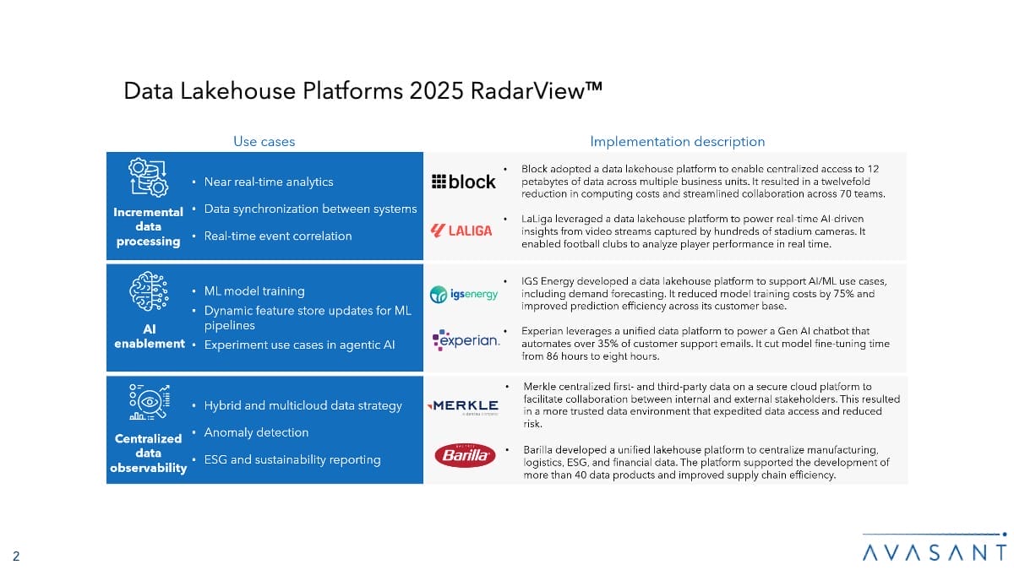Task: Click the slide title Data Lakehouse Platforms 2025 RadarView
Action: tap(363, 91)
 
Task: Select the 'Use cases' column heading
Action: tap(264, 142)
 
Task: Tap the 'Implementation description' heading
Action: tap(677, 142)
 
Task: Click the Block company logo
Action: tap(463, 182)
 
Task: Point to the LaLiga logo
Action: tap(461, 231)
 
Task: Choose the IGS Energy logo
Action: tap(464, 294)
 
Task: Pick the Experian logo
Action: tap(466, 340)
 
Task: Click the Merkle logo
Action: tap(465, 407)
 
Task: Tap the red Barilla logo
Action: tap(464, 455)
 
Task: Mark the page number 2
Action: tap(16, 555)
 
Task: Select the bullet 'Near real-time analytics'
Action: tap(269, 182)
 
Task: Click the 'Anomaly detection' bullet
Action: tap(256, 432)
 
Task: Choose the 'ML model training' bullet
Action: tap(254, 291)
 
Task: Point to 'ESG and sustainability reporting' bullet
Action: tap(292, 459)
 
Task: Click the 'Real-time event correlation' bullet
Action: tap(278, 236)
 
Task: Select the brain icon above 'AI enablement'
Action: tap(148, 293)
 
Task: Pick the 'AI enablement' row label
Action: tap(149, 336)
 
